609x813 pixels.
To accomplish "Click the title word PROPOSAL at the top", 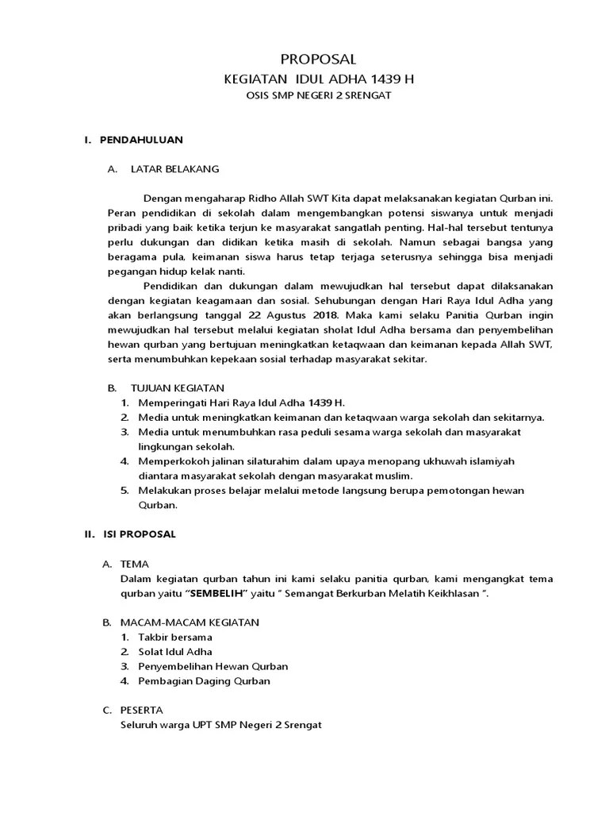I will tap(320, 60).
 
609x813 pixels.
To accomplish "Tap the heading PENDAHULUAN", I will tap(141, 140).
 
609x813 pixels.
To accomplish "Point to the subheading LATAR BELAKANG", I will tap(174, 169).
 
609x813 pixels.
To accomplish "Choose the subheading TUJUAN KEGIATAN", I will tap(177, 387).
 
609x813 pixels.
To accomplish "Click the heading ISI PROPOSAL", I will tap(140, 534).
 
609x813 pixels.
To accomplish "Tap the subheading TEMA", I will tap(134, 564).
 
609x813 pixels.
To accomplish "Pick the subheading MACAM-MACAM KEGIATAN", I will tap(190, 622).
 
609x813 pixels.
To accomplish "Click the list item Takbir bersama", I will tap(174, 637).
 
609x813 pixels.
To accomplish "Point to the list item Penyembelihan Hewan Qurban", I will tap(213, 666).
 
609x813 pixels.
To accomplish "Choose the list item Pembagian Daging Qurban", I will tap(204, 680).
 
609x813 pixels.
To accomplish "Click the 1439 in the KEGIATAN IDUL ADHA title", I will tap(384, 79).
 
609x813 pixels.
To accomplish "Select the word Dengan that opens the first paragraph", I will tap(162, 198).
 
